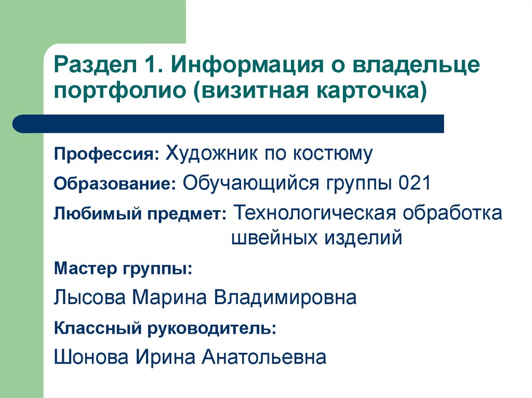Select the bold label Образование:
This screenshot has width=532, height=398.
[115, 185]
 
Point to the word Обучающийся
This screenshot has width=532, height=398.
[251, 183]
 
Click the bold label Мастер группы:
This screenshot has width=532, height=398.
[123, 269]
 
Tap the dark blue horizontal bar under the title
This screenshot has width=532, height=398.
[229, 124]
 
